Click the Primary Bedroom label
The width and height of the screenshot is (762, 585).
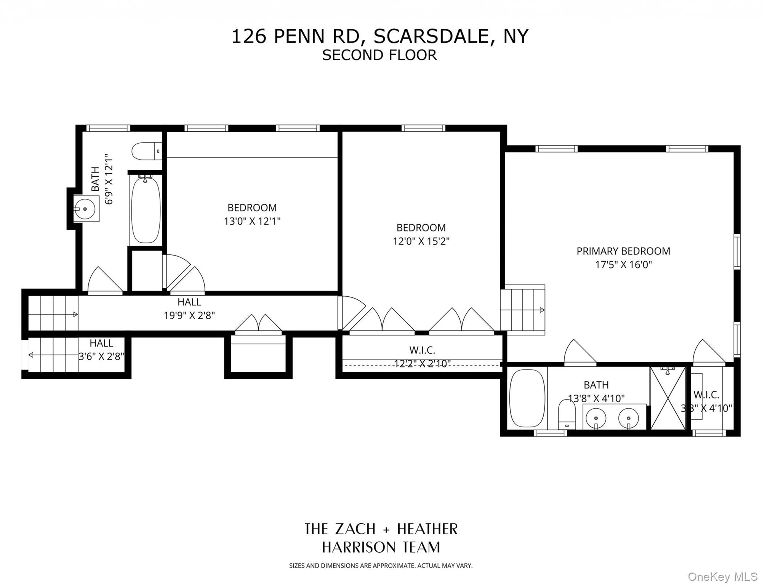tap(623, 251)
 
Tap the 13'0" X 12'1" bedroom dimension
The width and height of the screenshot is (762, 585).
tap(252, 221)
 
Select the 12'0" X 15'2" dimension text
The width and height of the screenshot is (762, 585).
tap(421, 241)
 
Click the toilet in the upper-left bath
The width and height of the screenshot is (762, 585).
tap(146, 151)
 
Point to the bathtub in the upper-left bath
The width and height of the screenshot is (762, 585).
tap(146, 210)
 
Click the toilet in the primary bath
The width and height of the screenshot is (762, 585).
tap(567, 414)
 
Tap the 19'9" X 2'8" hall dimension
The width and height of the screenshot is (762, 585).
tap(189, 316)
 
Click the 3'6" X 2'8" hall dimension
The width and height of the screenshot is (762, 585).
tap(101, 356)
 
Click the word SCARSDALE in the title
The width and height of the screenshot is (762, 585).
tap(431, 37)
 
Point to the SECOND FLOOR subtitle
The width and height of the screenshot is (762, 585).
tap(379, 55)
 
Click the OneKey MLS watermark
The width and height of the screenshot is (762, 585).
tap(722, 577)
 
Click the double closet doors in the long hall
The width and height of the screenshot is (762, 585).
tap(258, 324)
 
